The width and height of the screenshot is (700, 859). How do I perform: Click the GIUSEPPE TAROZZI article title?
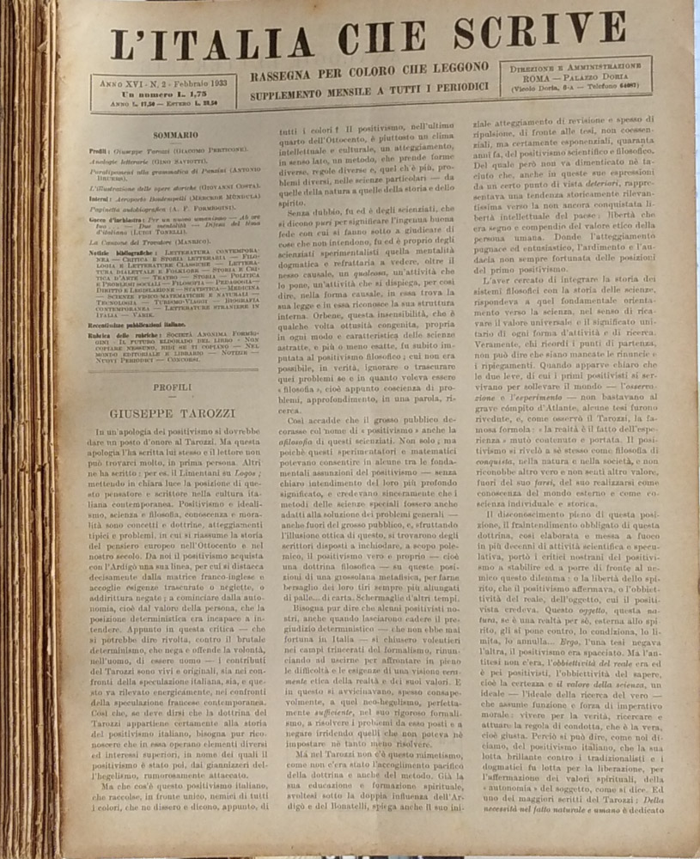coord(173,414)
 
